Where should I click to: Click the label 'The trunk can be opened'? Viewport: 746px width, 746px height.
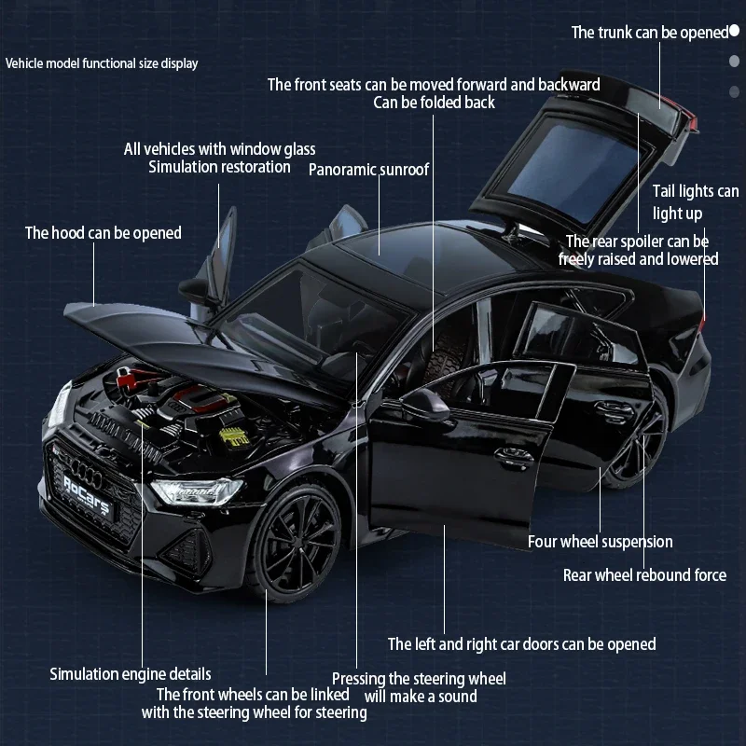click(x=649, y=33)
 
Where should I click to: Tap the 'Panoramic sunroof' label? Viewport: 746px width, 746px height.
click(x=368, y=170)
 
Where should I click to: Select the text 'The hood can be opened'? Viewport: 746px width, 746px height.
click(x=103, y=232)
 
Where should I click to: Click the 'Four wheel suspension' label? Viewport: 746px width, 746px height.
click(x=600, y=542)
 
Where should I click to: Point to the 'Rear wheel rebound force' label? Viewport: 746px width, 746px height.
click(x=644, y=575)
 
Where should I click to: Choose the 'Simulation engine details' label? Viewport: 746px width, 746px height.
click(x=130, y=673)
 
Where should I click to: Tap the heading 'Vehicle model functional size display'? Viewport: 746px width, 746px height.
click(x=102, y=63)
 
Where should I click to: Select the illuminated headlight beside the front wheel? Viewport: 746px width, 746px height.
click(x=197, y=490)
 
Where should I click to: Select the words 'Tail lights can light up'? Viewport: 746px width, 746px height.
click(x=695, y=202)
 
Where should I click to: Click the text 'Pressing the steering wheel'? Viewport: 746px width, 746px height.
click(x=419, y=678)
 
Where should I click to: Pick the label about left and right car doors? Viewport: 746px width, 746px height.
click(x=521, y=643)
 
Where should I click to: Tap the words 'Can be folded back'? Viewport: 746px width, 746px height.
click(x=434, y=103)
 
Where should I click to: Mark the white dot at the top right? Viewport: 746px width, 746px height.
click(x=734, y=31)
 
